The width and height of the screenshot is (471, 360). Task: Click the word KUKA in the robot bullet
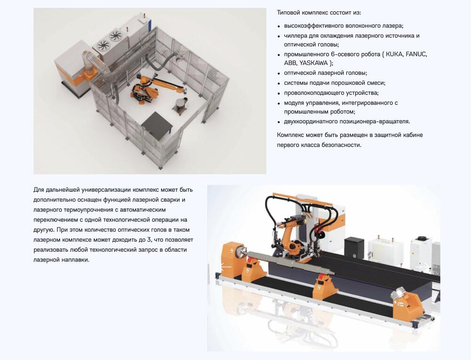click(394, 54)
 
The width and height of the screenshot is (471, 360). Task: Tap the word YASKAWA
click(313, 63)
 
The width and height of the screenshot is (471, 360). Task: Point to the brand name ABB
click(290, 63)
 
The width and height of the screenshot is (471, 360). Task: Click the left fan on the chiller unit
click(103, 46)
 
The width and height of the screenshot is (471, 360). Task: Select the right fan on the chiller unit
click(115, 36)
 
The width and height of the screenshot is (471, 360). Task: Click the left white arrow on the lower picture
click(226, 266)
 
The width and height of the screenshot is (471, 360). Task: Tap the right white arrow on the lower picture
click(422, 266)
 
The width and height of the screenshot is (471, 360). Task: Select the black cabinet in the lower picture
click(354, 248)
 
